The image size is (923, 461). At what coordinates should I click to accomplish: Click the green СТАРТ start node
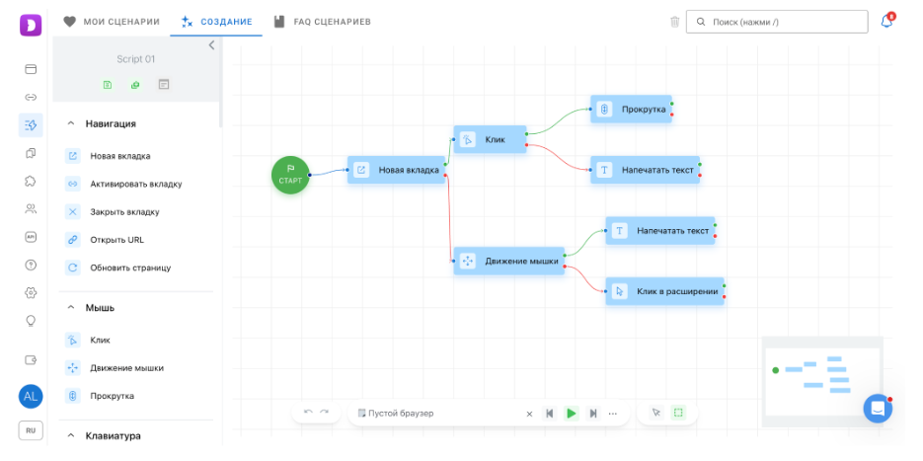[290, 175]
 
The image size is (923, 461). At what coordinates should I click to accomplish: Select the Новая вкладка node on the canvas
[396, 170]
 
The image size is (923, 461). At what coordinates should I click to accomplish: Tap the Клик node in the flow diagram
[490, 139]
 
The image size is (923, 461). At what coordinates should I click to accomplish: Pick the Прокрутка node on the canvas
[631, 109]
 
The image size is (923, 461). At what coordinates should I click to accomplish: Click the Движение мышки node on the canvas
[509, 261]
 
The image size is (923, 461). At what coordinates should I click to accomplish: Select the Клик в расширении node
[664, 291]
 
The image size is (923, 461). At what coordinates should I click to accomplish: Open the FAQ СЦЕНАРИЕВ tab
[322, 22]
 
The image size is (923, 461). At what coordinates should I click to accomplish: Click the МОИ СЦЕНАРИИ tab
[112, 22]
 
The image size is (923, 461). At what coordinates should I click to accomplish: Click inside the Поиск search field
[777, 22]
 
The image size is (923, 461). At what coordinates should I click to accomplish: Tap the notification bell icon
[886, 21]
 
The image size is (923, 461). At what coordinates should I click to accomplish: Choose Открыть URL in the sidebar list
[116, 240]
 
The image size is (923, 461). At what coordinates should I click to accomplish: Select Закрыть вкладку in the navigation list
[124, 212]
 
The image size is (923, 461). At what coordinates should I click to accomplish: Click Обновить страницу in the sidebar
[130, 268]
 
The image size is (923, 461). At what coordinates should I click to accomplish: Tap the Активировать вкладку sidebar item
[136, 185]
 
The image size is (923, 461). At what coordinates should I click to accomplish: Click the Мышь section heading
[100, 308]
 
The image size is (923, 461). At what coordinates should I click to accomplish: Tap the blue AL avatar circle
[31, 397]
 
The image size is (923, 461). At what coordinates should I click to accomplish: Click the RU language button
[31, 431]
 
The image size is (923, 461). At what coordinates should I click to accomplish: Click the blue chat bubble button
[878, 409]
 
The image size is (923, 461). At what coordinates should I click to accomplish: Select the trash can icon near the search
[674, 22]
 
